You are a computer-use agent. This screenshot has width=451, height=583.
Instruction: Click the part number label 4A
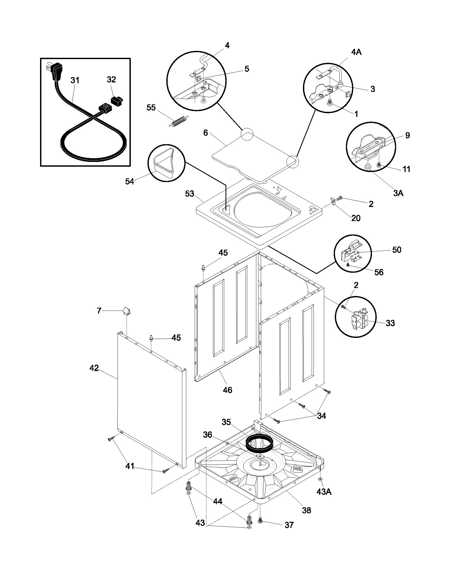point(356,52)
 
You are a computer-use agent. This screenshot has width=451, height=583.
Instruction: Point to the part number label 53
point(189,193)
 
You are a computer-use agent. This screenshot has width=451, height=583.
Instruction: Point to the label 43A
point(324,492)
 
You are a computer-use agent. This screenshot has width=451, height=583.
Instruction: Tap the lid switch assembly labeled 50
point(350,253)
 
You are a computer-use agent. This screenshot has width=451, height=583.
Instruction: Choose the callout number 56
point(379,272)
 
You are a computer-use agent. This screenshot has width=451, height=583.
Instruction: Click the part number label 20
point(355,218)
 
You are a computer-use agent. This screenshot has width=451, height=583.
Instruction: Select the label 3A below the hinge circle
point(398,193)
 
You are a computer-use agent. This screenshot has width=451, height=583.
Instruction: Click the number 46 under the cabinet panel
point(227,390)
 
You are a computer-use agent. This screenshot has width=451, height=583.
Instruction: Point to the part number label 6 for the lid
point(205,133)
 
